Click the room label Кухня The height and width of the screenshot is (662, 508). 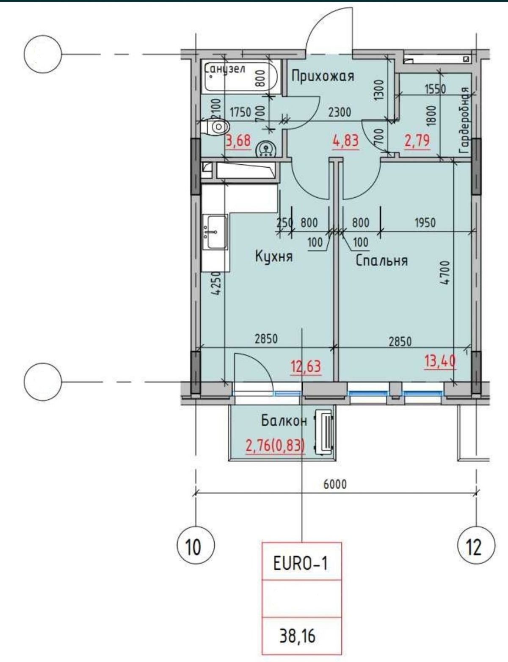[x=273, y=257]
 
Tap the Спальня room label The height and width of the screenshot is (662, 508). [x=382, y=260]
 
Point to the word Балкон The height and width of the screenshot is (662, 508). [x=284, y=421]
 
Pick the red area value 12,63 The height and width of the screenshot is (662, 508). [x=306, y=366]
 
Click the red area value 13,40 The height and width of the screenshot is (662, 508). [x=440, y=362]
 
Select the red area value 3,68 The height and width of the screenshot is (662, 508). [x=239, y=141]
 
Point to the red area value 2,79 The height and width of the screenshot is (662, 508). [x=417, y=141]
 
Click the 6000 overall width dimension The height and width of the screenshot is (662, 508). [x=335, y=484]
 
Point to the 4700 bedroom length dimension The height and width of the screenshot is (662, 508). [x=445, y=272]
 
